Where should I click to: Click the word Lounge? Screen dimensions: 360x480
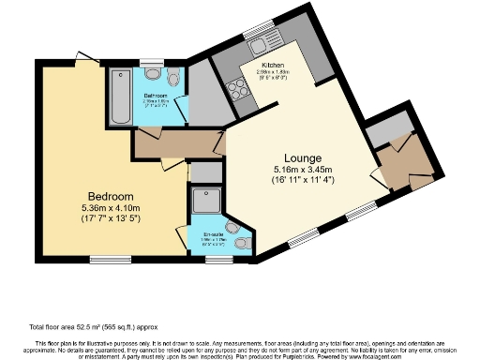305,157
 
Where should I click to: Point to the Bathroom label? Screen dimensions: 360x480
156,96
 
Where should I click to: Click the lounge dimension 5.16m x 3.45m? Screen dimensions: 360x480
305,170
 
